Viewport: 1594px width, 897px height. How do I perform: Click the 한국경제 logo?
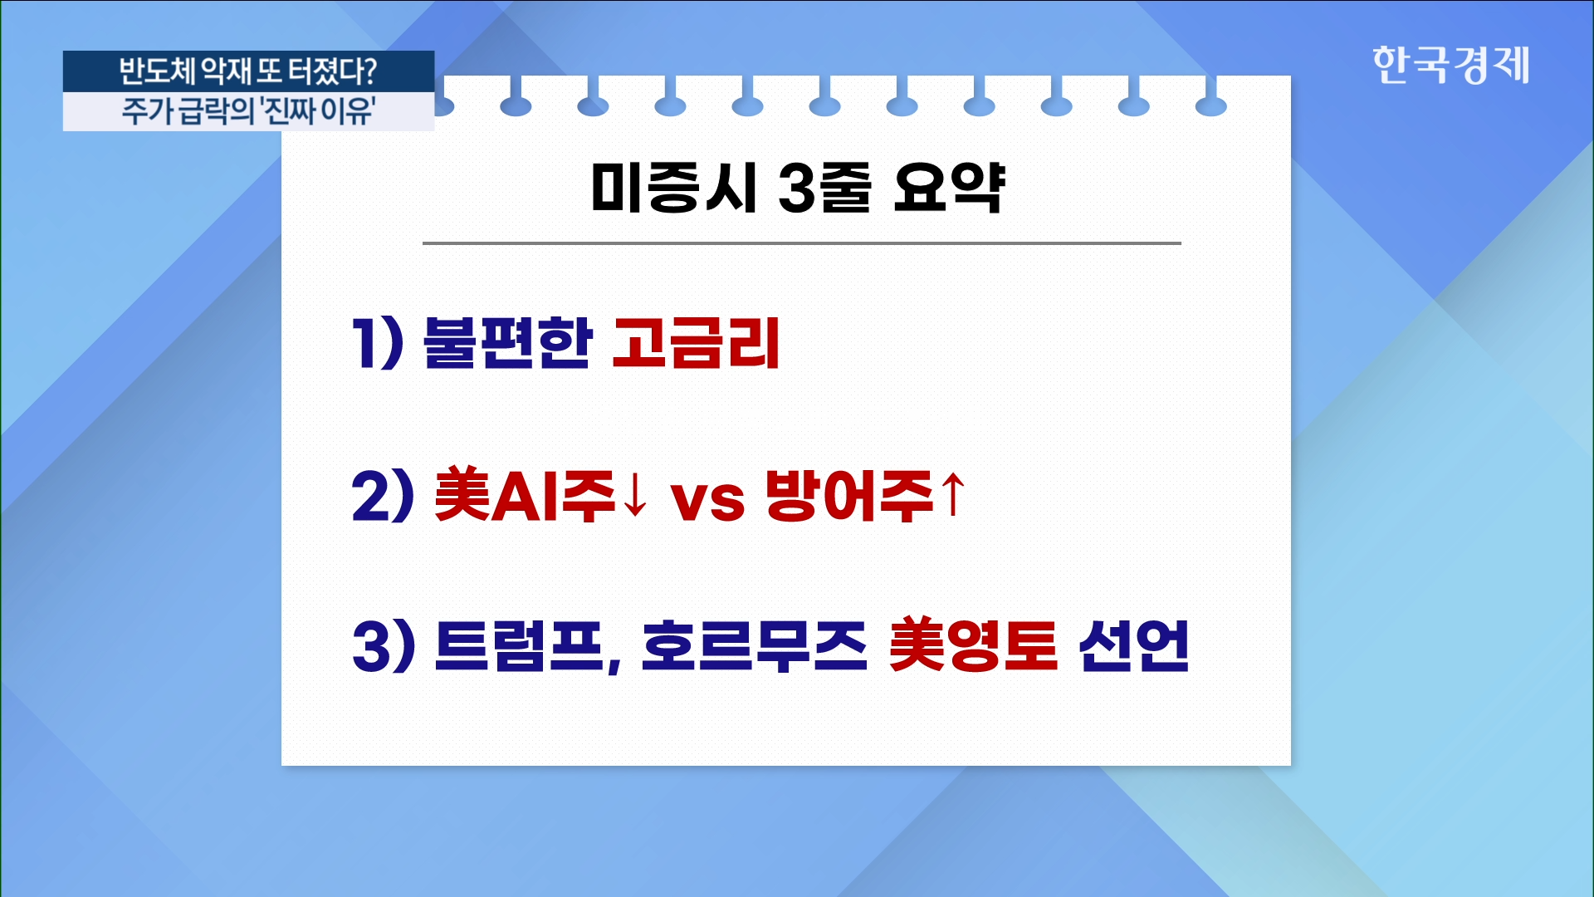1450,65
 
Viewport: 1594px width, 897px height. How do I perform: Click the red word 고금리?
697,342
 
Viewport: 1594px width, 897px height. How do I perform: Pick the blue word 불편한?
507,342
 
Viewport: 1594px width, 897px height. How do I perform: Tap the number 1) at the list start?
379,342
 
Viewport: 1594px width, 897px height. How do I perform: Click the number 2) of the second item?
383,496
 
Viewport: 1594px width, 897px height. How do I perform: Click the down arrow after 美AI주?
635,495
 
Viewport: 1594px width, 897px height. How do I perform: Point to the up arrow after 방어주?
953,493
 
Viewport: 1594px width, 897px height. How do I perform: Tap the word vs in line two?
707,502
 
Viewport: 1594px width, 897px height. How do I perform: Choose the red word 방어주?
850,496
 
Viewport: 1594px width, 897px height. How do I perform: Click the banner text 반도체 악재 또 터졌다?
248,71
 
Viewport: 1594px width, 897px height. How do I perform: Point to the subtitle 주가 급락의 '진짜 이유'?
248,111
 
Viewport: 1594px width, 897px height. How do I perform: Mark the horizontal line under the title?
802,243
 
